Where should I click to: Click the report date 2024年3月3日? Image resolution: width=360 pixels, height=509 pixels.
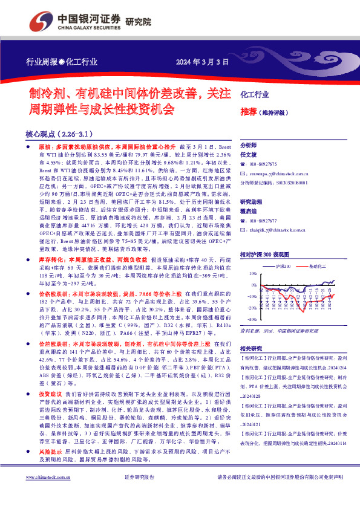click(x=203, y=62)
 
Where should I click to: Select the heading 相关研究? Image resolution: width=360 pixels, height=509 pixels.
click(x=251, y=349)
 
